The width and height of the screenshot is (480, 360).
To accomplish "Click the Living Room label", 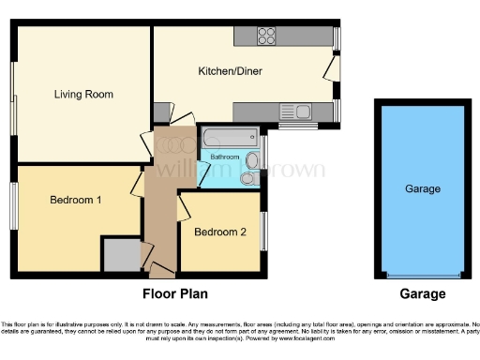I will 83,94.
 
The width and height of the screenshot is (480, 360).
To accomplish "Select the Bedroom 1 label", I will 76,200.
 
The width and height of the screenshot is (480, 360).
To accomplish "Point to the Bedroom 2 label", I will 220,232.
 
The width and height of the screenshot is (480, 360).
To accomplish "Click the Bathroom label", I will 224,157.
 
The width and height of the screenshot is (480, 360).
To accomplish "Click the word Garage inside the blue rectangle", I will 422,189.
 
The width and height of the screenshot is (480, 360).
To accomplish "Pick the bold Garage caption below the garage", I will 423,293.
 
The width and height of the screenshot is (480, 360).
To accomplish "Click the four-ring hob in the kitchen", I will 266,37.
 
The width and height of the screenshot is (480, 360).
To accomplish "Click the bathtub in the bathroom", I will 230,138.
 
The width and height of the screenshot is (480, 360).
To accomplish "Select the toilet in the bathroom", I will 248,178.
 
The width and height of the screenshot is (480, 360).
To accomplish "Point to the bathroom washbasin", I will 251,159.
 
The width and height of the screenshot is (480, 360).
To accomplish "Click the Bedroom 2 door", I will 184,206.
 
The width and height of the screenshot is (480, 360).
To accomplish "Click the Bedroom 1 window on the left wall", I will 13,205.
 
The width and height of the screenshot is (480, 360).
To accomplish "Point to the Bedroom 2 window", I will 262,231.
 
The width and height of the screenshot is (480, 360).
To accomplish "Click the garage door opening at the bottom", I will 422,275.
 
